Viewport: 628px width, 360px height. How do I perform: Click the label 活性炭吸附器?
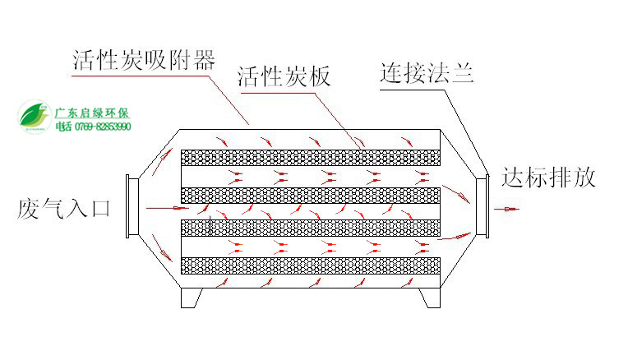144,60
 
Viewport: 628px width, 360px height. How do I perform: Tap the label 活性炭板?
284,77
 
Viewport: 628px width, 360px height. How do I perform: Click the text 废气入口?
64,208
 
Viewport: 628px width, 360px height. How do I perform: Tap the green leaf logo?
35,116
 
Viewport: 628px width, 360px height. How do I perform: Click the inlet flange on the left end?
129,207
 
